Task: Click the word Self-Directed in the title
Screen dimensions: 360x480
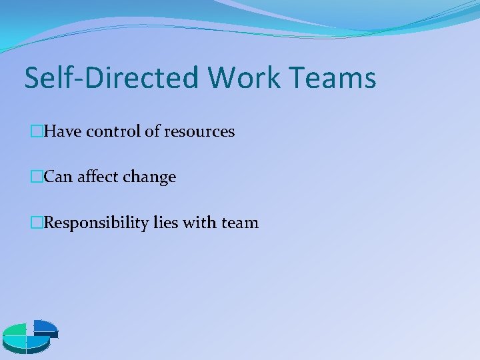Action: [111, 78]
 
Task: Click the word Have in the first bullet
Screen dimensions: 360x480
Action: [63, 131]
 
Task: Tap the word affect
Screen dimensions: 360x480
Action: [96, 177]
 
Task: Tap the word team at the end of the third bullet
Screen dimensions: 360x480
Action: [240, 223]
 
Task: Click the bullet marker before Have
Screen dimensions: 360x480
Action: [36, 131]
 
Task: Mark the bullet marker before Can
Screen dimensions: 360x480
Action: [36, 177]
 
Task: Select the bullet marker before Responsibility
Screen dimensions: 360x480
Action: [36, 222]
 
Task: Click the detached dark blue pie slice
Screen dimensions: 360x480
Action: [45, 327]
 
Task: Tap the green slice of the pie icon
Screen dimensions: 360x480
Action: [14, 331]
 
